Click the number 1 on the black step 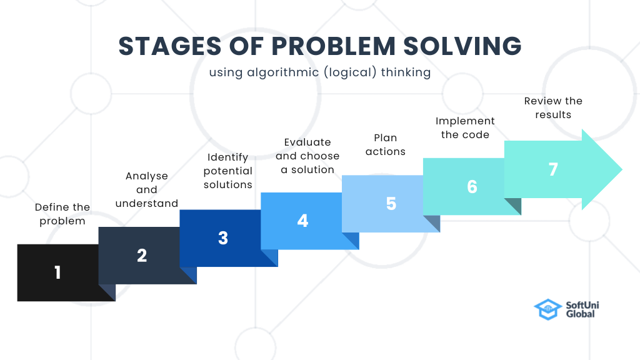point(57,272)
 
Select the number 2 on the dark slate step point(142,256)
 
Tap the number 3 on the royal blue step point(223,238)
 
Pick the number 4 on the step point(303,221)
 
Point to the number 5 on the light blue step point(391,204)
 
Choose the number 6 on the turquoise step point(472,187)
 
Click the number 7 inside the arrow point(553,169)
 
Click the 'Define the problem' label point(62,214)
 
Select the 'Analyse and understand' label point(147,189)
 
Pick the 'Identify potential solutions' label point(228,171)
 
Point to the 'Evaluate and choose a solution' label point(307,156)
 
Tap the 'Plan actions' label point(386,144)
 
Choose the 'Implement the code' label point(465,127)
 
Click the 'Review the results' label point(553,107)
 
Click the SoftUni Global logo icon point(547,309)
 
